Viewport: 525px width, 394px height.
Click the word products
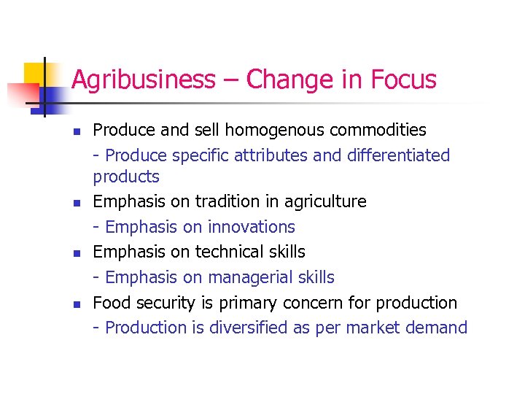point(126,177)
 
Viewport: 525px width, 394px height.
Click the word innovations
point(252,227)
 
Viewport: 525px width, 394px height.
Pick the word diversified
point(248,328)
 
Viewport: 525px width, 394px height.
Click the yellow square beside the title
point(34,74)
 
